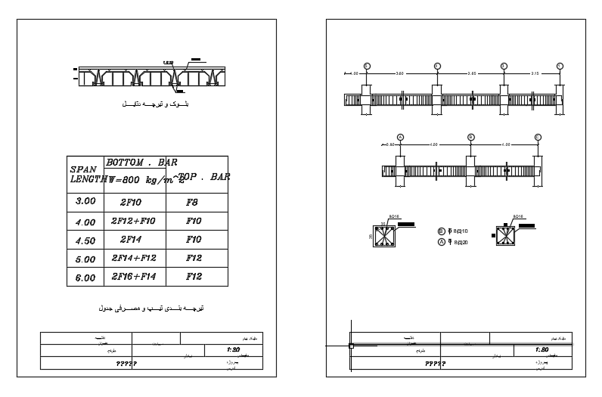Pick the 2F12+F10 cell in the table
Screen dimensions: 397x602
pos(133,222)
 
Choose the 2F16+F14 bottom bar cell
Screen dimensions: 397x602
pos(133,276)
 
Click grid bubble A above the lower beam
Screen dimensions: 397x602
pos(400,137)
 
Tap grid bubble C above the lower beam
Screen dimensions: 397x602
pos(538,137)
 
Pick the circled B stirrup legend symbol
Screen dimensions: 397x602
pos(442,232)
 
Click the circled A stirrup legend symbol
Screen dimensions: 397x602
pos(442,242)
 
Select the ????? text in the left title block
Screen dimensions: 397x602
pos(125,364)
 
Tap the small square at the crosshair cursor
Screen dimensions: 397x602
pos(351,346)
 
